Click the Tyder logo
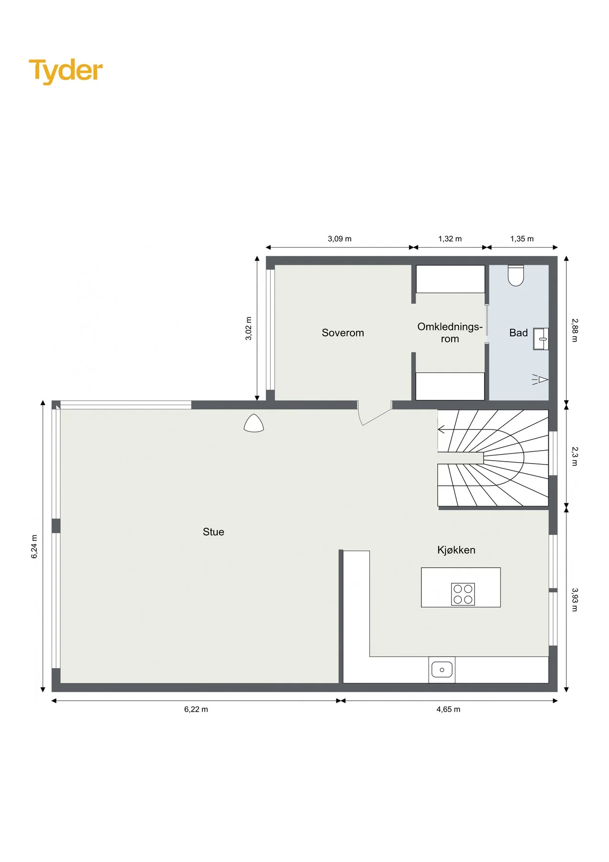pyautogui.click(x=66, y=71)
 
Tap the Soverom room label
pyautogui.click(x=343, y=333)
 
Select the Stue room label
pyautogui.click(x=213, y=532)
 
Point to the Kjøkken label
pyautogui.click(x=456, y=550)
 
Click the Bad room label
pyautogui.click(x=518, y=333)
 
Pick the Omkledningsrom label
pyautogui.click(x=450, y=333)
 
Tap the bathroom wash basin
pyautogui.click(x=541, y=339)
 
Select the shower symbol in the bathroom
pyautogui.click(x=540, y=380)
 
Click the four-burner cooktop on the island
pyautogui.click(x=463, y=594)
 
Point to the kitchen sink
pyautogui.click(x=442, y=669)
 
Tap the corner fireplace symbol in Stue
pyautogui.click(x=254, y=423)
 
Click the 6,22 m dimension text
pyautogui.click(x=196, y=709)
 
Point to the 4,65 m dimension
pyautogui.click(x=448, y=709)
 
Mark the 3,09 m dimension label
pyautogui.click(x=340, y=238)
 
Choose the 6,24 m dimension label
pyautogui.click(x=34, y=546)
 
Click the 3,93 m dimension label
pyautogui.click(x=575, y=600)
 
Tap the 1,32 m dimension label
pyautogui.click(x=450, y=238)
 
